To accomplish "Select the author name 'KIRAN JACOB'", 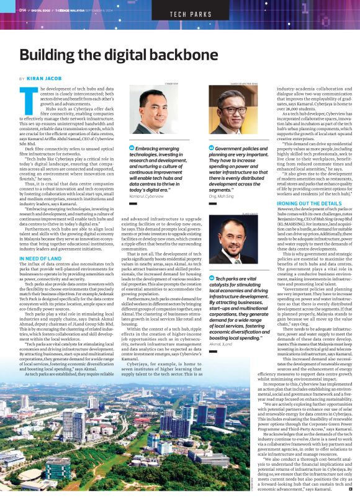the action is [x=44, y=79].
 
